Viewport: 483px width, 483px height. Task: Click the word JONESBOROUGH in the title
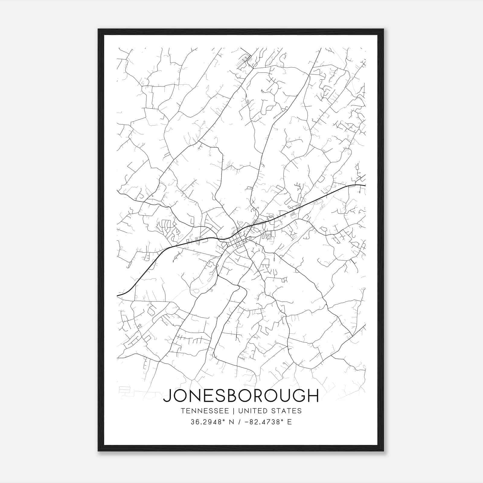tap(241, 395)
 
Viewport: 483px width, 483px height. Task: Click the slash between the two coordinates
tap(240, 422)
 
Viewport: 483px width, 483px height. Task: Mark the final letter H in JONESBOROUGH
tap(313, 395)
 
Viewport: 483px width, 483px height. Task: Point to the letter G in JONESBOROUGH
tap(298, 395)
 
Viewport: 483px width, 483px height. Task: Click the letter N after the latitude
tap(232, 422)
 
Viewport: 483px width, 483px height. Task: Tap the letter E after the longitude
tap(289, 422)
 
